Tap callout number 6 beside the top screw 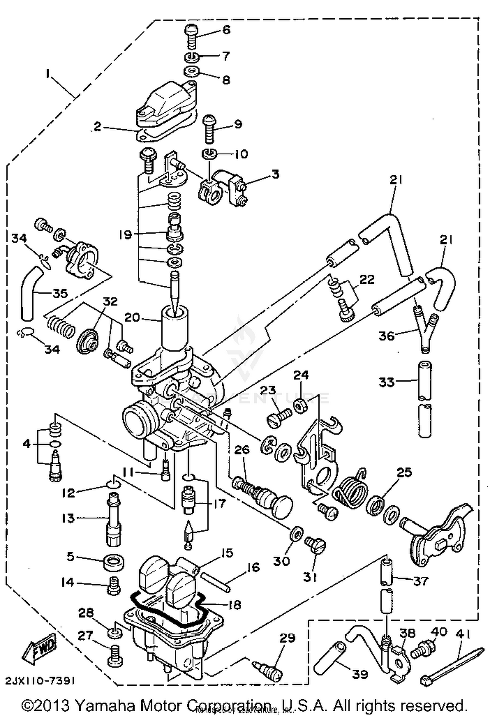226,30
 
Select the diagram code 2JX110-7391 40,680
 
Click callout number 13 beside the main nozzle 68,518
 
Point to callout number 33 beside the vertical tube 386,382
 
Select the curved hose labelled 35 29,292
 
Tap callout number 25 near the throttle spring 404,472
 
